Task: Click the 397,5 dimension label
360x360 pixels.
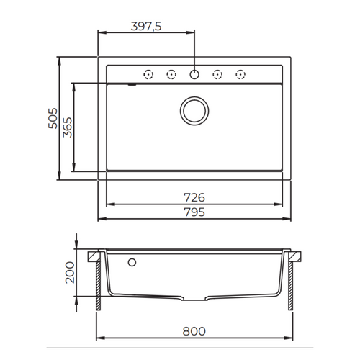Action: (x=146, y=26)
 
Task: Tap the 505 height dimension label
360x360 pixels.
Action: (x=53, y=118)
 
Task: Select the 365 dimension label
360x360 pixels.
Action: (x=67, y=127)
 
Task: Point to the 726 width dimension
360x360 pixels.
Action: (x=194, y=197)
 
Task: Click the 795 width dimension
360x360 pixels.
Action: (x=194, y=212)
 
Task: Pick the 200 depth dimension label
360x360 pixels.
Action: (x=70, y=273)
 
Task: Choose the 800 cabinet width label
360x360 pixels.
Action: (x=194, y=331)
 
